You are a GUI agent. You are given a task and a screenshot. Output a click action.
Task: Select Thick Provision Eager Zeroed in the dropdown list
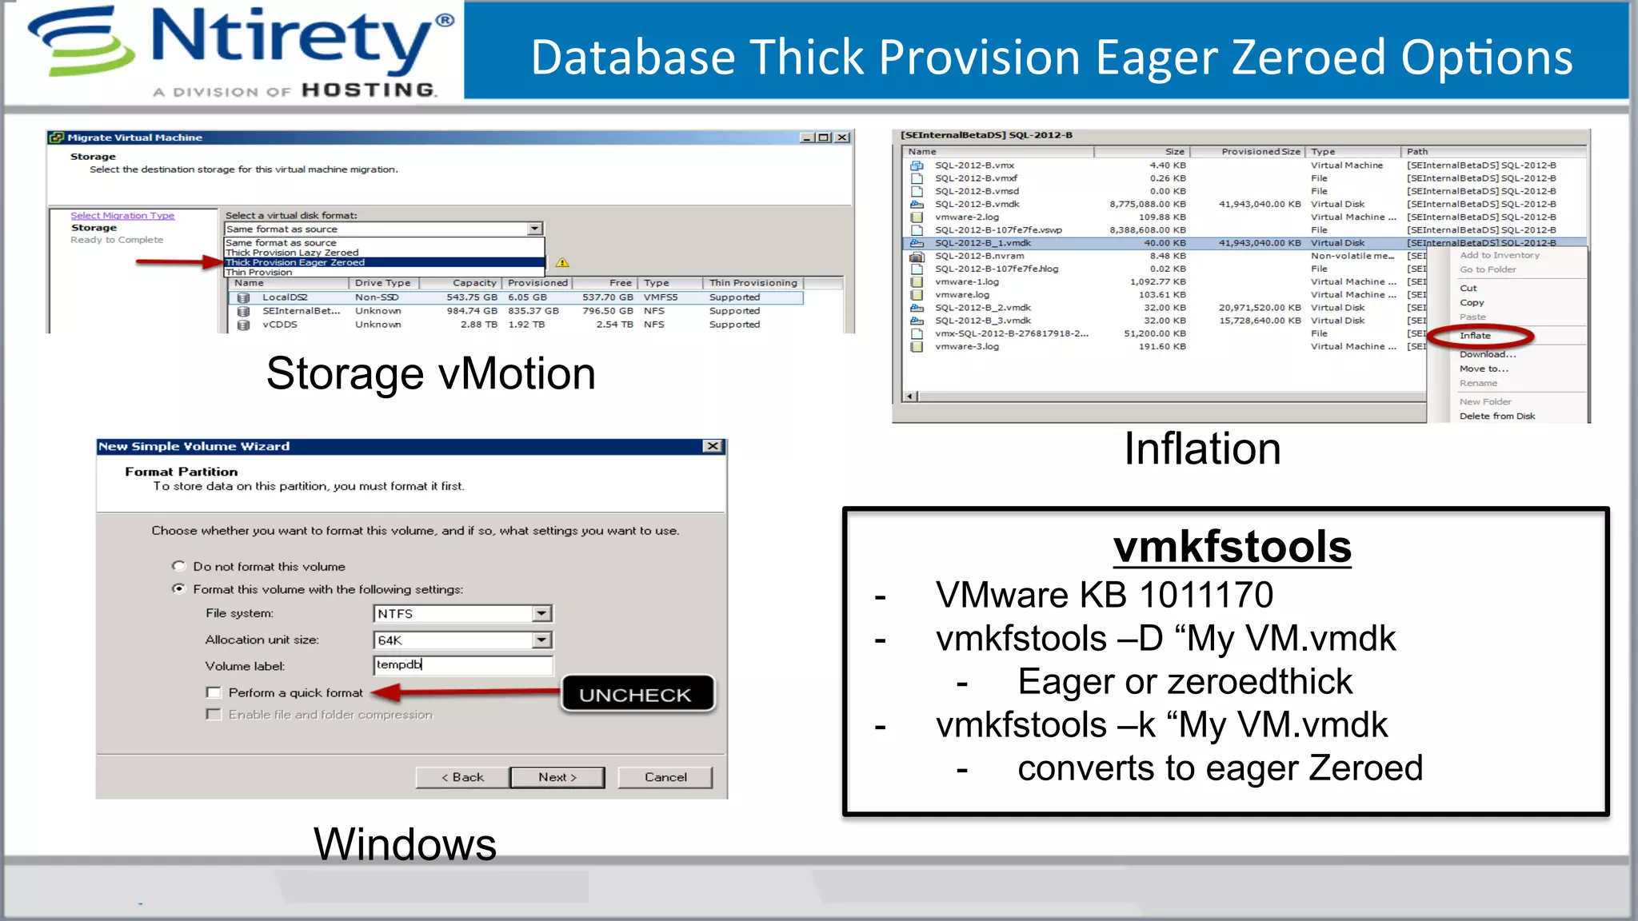coord(295,262)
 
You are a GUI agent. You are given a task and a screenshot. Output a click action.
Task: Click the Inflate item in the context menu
coord(1475,336)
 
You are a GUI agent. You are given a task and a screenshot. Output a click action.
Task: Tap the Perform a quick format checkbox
coord(214,692)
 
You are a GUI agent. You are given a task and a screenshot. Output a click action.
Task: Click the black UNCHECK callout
coord(636,694)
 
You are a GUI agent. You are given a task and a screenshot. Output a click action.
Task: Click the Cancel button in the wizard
coord(665,777)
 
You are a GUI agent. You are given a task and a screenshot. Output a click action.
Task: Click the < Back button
coord(462,777)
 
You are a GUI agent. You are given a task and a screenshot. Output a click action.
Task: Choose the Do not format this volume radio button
coord(178,566)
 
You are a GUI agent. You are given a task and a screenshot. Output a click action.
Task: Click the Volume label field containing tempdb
coord(462,665)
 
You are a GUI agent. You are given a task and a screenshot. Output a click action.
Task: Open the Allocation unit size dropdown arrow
coord(542,640)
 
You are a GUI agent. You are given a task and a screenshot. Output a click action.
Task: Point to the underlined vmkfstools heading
coord(1232,547)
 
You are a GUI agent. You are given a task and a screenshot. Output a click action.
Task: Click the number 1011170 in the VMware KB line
coord(1206,595)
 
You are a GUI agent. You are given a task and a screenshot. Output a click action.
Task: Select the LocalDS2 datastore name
coord(285,297)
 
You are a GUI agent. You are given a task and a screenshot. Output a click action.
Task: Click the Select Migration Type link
coord(122,216)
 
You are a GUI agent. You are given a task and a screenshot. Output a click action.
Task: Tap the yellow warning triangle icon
coord(563,262)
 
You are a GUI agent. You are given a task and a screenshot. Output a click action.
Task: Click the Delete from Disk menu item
coord(1497,416)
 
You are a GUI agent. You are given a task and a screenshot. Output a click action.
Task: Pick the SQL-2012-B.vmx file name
coord(974,165)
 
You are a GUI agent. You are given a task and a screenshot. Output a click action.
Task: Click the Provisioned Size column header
coord(1260,151)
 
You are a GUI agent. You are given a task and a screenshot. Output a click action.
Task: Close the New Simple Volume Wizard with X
coord(713,446)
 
